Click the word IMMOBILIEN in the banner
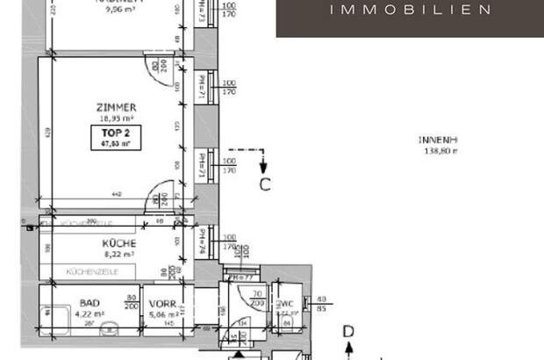pos(409,11)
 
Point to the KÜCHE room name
pos(118,243)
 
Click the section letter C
pos(263,184)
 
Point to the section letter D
pos(348,331)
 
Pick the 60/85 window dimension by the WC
pos(322,304)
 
